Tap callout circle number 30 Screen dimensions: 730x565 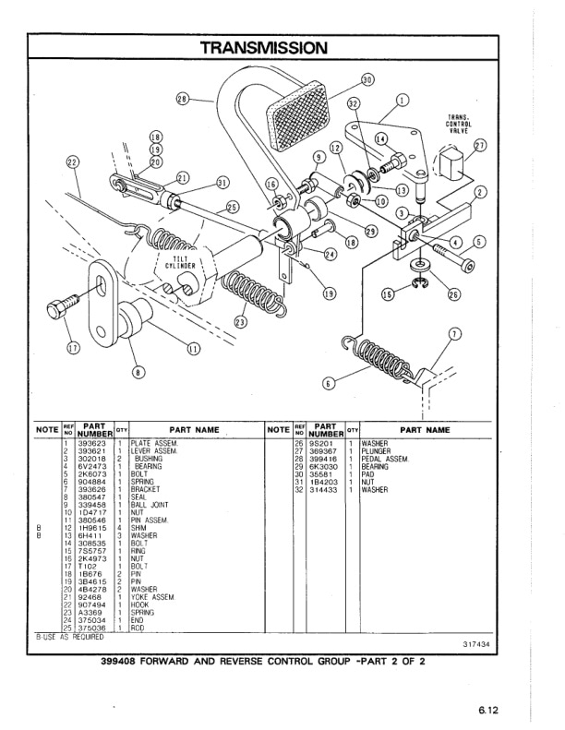pyautogui.click(x=367, y=80)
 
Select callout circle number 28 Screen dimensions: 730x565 pyautogui.click(x=182, y=99)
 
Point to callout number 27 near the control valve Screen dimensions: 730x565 pyautogui.click(x=479, y=146)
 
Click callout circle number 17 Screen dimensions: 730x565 pyautogui.click(x=73, y=347)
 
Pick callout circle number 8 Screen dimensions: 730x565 pyautogui.click(x=138, y=373)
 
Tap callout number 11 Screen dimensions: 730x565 pyautogui.click(x=193, y=348)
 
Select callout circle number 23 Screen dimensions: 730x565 pyautogui.click(x=240, y=322)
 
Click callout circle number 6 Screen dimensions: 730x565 pyautogui.click(x=327, y=383)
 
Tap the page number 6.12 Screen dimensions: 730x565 pyautogui.click(x=488, y=710)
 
